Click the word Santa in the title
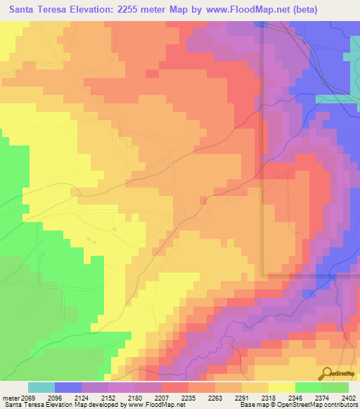pyautogui.click(x=26, y=10)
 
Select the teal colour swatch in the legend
pyautogui.click(x=41, y=387)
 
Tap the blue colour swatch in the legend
pyautogui.click(x=67, y=387)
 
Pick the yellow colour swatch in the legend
pyautogui.click(x=281, y=387)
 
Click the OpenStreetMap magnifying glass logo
pyautogui.click(x=328, y=373)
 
